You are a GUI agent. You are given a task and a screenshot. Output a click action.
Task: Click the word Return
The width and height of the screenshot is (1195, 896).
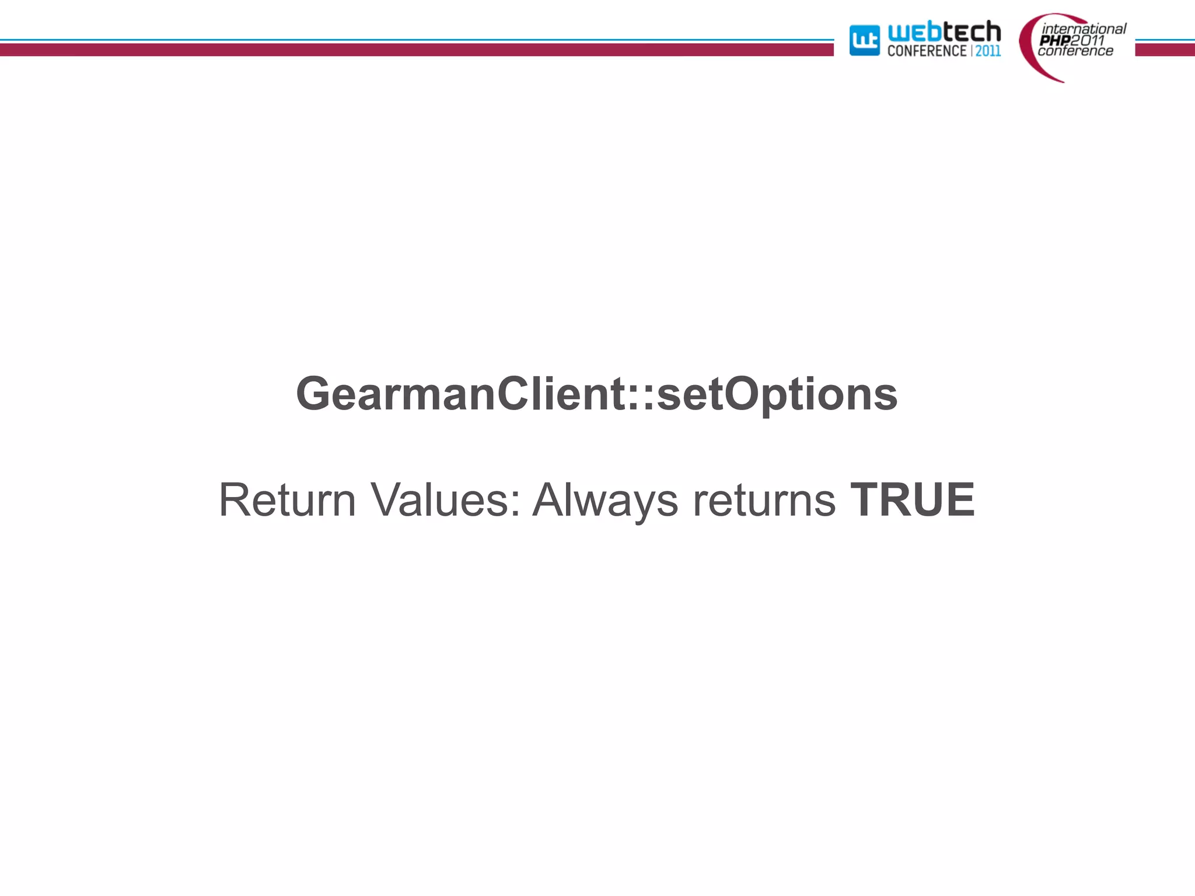287,500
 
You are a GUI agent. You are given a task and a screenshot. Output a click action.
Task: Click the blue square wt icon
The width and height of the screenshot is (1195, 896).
864,41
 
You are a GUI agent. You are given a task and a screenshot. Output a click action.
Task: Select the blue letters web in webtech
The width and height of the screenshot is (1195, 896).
914,32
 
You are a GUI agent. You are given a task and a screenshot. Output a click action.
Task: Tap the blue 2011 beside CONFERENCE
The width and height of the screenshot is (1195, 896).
988,51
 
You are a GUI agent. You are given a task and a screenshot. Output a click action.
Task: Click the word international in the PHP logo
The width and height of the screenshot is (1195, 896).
1084,29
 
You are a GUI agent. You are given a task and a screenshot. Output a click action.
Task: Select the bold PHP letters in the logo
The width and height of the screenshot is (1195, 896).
1054,40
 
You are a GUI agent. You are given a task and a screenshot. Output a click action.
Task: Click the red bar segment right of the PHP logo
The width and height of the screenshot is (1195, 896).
1165,50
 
